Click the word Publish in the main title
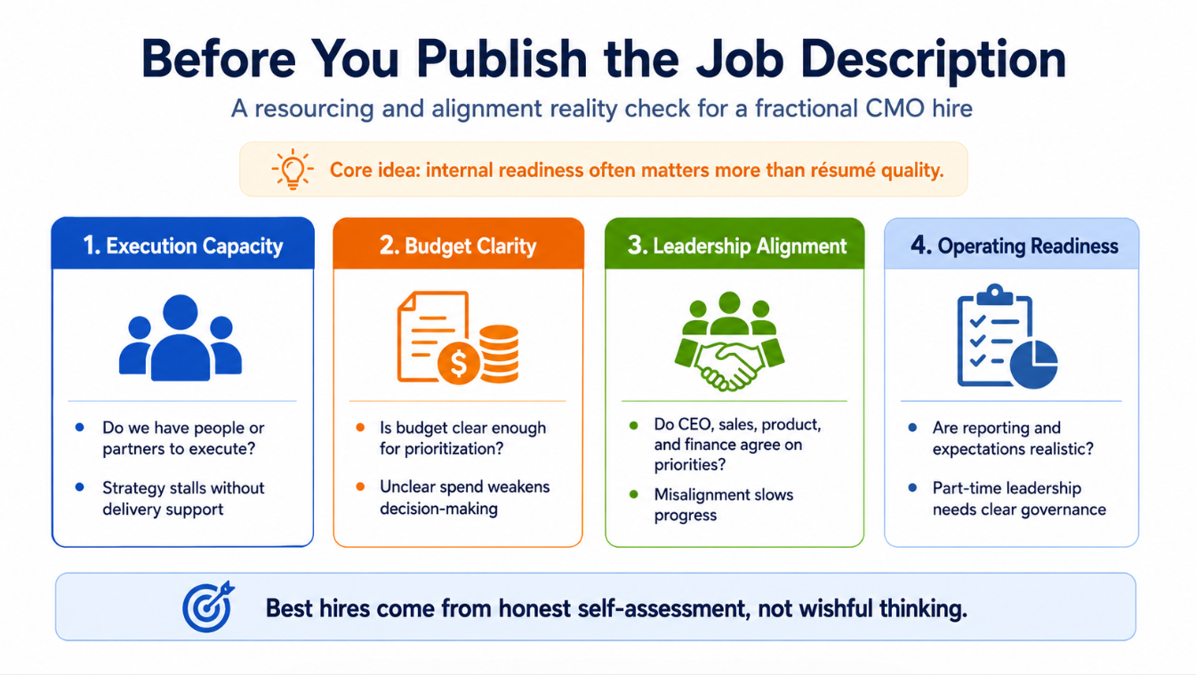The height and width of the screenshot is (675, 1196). (502, 60)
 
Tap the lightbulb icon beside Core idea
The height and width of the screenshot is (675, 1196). (292, 169)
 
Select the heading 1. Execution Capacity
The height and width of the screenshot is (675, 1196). (182, 245)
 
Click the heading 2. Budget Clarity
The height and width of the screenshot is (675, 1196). (458, 245)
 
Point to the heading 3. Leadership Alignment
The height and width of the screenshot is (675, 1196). (737, 245)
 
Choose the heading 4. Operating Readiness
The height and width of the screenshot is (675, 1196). (1014, 245)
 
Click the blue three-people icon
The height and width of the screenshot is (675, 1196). (181, 338)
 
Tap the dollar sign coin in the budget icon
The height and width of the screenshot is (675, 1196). (459, 363)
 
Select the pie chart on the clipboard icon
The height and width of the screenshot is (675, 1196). (1033, 365)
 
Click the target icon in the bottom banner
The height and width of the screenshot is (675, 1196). (208, 607)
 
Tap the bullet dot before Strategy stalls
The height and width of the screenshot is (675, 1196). (79, 487)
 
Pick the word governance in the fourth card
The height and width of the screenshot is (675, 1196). (1063, 510)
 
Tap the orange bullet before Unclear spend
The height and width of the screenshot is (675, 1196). (360, 486)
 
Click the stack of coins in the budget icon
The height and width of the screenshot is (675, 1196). (499, 354)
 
